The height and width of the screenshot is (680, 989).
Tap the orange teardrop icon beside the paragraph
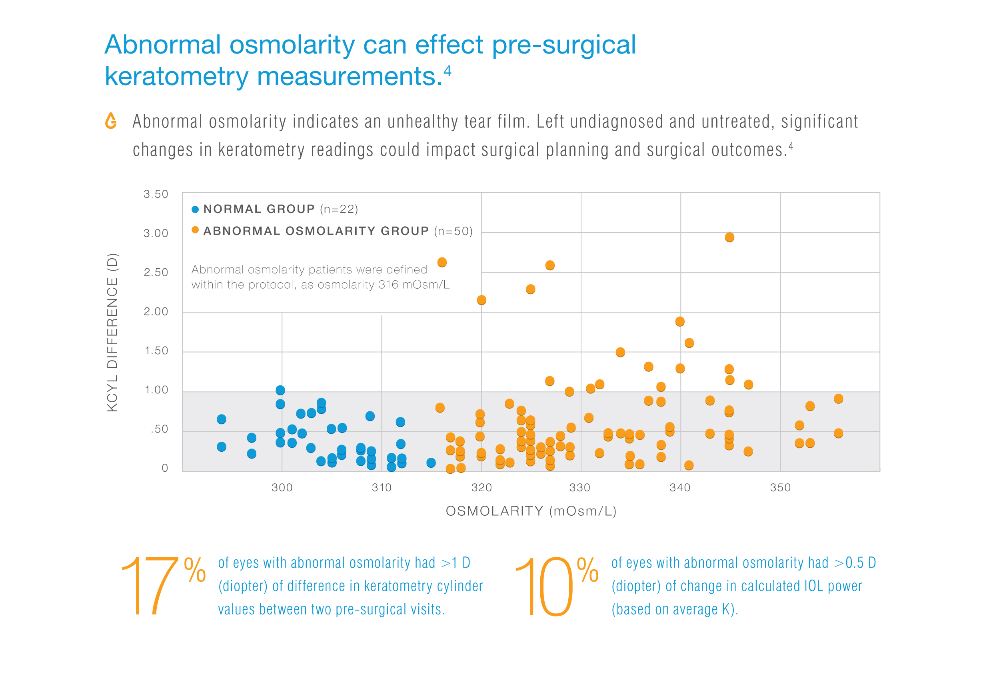click(x=111, y=121)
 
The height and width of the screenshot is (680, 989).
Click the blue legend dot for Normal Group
click(x=195, y=209)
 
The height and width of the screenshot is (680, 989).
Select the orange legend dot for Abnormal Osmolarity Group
click(x=195, y=230)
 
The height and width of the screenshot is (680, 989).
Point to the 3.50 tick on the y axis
click(x=156, y=194)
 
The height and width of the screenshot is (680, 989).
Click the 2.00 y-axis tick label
click(x=156, y=311)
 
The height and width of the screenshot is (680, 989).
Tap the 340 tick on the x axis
click(x=679, y=487)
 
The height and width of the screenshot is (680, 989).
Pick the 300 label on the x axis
click(x=282, y=487)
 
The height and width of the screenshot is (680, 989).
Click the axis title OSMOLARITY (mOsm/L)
click(x=531, y=511)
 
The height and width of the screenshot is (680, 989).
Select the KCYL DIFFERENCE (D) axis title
click(x=112, y=332)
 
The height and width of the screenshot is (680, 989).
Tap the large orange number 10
click(x=544, y=586)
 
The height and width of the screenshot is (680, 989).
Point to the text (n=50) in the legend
click(x=454, y=231)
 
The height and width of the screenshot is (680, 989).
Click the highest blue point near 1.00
click(x=280, y=390)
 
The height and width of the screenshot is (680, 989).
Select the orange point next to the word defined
click(x=442, y=262)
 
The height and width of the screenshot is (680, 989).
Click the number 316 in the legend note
click(x=388, y=284)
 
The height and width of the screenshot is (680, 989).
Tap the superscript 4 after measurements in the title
click(x=448, y=70)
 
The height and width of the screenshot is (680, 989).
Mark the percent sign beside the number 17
click(x=195, y=570)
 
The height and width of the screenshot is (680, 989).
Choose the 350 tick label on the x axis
click(x=780, y=487)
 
